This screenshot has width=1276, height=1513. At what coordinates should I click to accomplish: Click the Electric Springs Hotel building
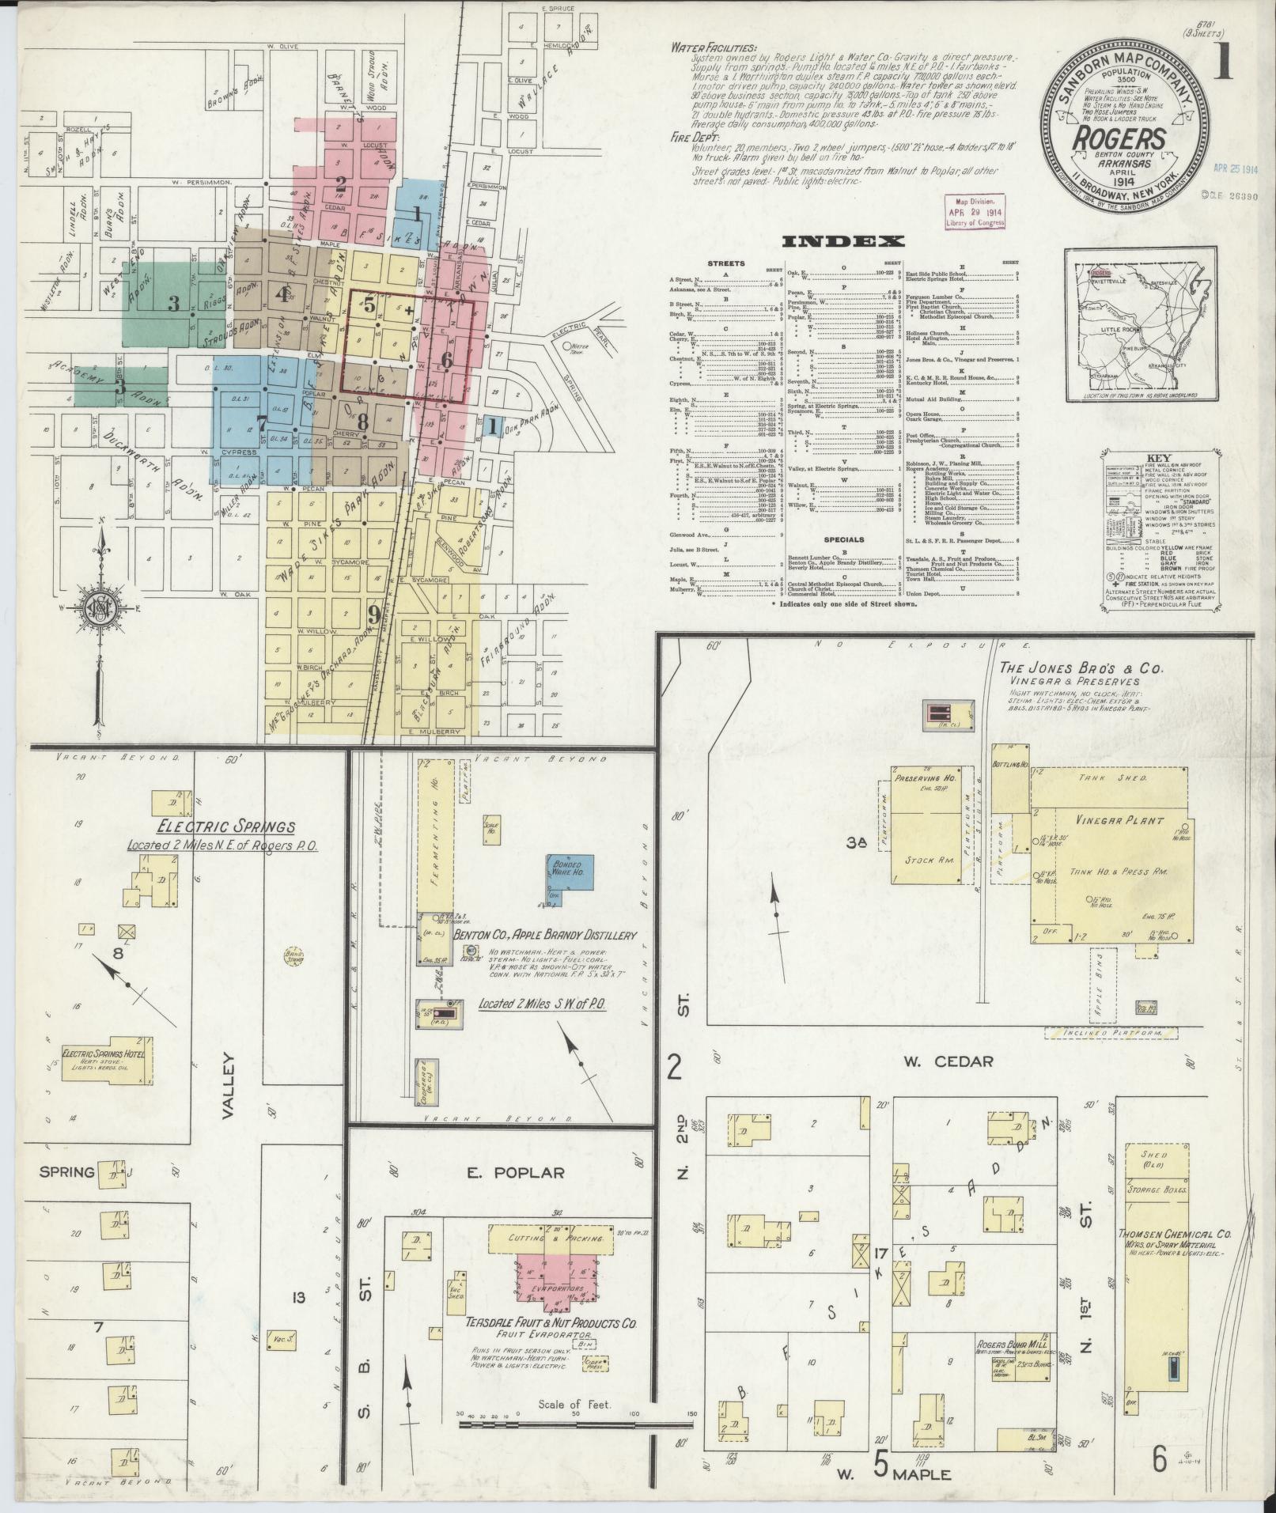pyautogui.click(x=108, y=1060)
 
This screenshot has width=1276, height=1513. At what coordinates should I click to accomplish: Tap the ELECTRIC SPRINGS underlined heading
pyautogui.click(x=226, y=827)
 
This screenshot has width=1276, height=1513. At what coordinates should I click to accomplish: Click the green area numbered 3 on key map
pyautogui.click(x=172, y=303)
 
